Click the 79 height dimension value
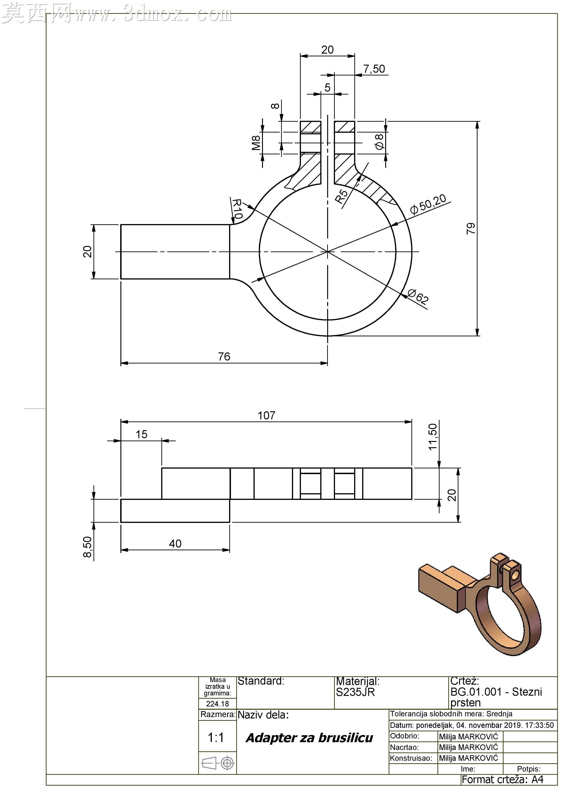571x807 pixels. point(471,228)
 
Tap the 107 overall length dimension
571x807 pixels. point(266,415)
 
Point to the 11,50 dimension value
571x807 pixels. point(432,437)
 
